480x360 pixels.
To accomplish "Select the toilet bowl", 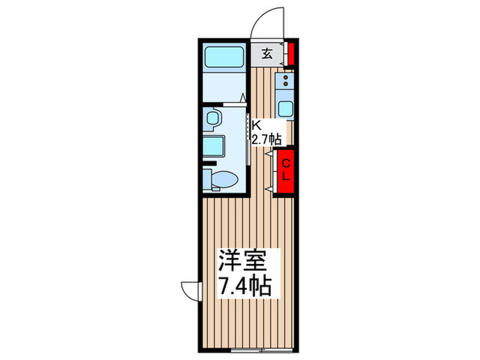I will [x=224, y=180].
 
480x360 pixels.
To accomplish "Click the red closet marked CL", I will [x=287, y=171].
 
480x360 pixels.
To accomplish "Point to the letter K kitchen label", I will [x=256, y=125].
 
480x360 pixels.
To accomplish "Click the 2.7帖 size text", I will [x=265, y=139].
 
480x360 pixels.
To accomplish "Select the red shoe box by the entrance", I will [x=291, y=53].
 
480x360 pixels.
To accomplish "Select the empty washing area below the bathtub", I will [x=224, y=88].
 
